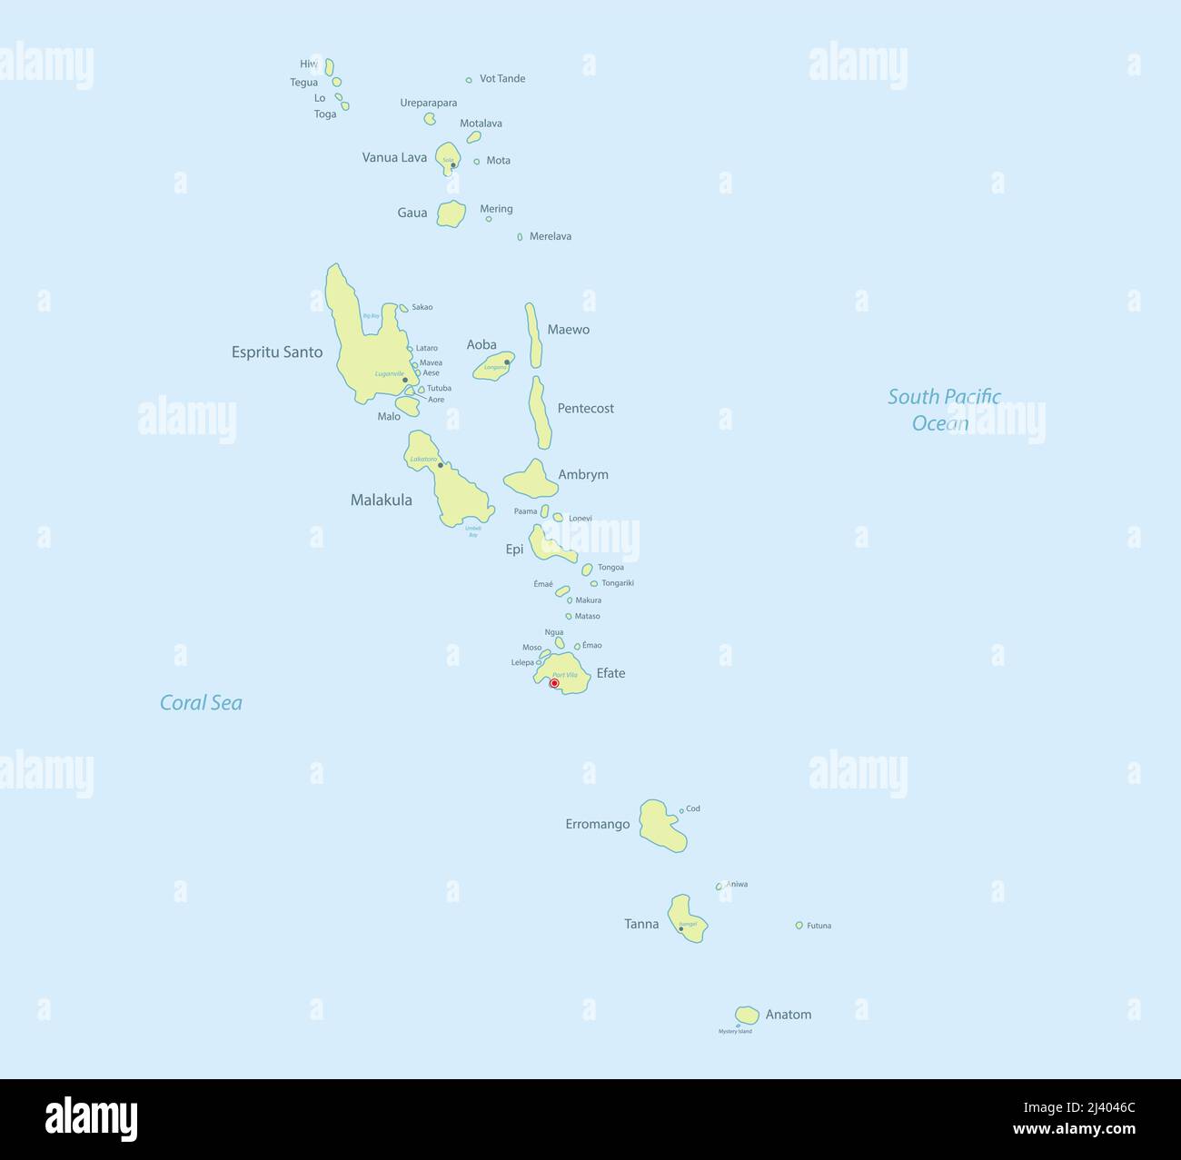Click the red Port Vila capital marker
554,683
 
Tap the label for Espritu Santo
277,352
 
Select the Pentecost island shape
540,413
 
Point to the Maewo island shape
534,335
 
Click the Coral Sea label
201,703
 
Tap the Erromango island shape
661,826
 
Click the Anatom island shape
747,1015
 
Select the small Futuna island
799,926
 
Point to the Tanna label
641,925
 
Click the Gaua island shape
451,214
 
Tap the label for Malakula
382,501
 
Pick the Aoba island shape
493,366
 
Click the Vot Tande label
502,79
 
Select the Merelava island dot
520,237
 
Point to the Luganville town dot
405,381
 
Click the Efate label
610,674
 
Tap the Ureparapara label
429,104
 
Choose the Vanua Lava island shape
447,155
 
